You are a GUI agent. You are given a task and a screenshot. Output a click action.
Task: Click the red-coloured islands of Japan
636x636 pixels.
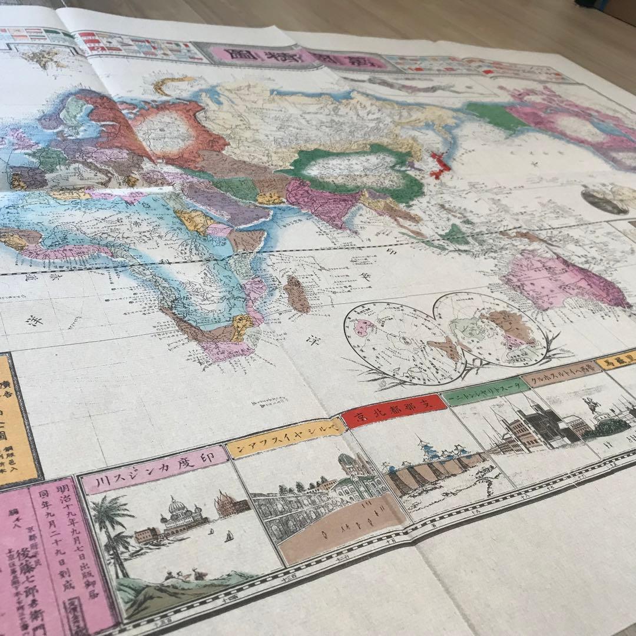439,164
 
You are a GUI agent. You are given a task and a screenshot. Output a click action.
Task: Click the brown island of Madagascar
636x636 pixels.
297,294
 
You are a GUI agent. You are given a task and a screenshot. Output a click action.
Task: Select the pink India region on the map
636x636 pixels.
321,203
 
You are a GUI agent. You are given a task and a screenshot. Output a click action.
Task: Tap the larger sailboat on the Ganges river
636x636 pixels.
227,536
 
